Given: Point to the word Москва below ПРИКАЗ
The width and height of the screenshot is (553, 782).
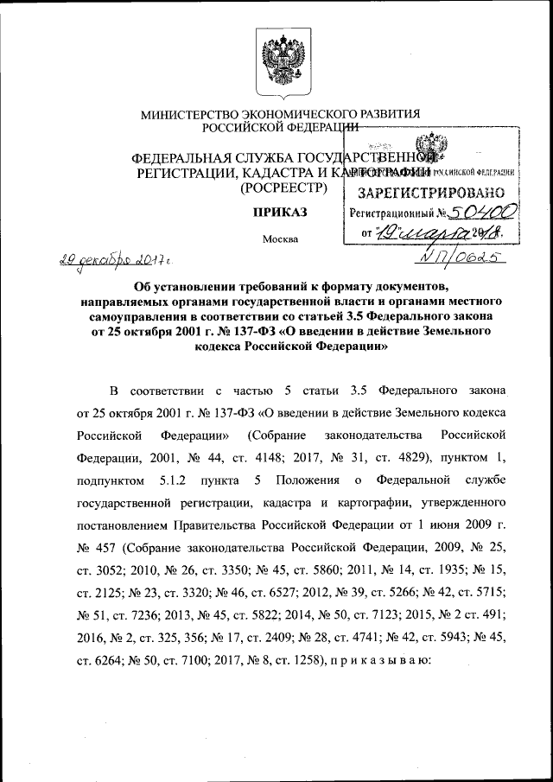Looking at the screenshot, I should click(277, 239).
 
